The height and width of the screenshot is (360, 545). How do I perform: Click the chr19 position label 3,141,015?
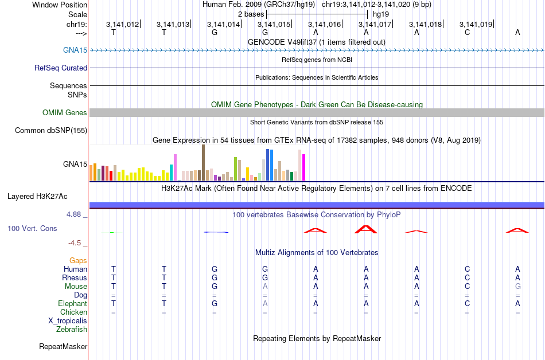(x=274, y=24)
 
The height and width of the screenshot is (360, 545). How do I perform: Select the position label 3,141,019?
(x=476, y=24)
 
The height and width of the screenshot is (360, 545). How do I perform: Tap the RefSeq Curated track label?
(x=61, y=68)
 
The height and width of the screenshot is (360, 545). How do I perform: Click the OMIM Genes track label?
(x=65, y=112)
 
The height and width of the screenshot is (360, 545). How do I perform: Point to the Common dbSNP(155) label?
(x=51, y=131)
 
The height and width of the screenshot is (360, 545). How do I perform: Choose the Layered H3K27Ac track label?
(x=37, y=196)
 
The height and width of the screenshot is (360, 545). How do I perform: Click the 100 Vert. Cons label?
(x=33, y=228)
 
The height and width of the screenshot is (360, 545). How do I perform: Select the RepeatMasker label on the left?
(x=63, y=346)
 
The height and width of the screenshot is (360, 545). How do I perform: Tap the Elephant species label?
(x=72, y=303)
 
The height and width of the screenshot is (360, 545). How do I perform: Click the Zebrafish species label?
(x=72, y=329)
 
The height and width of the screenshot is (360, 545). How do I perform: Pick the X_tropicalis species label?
(x=68, y=320)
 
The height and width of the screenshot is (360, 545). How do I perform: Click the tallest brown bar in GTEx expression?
(x=203, y=162)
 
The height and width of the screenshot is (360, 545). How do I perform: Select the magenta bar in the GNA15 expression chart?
(x=304, y=167)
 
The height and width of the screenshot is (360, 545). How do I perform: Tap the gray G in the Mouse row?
(x=517, y=286)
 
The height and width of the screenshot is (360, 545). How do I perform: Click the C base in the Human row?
(x=467, y=269)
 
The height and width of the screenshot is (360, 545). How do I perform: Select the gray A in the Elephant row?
(x=265, y=303)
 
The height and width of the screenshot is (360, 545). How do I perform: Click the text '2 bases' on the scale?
(x=251, y=14)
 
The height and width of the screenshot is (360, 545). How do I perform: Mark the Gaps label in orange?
(x=78, y=260)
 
